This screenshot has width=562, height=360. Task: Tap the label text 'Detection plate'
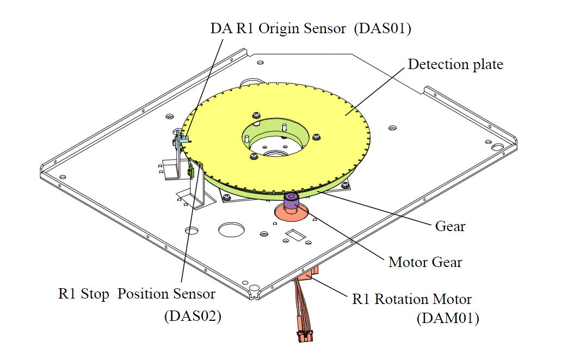click(x=455, y=65)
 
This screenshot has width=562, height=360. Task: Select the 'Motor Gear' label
click(x=425, y=262)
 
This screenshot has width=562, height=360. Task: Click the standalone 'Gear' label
click(x=450, y=226)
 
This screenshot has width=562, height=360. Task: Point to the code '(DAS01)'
click(x=382, y=28)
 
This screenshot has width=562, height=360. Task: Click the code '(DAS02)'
click(x=193, y=316)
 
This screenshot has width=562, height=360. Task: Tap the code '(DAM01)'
click(x=448, y=318)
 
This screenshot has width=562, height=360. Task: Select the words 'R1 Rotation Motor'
click(x=412, y=299)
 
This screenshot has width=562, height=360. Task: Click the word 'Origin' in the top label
click(x=280, y=29)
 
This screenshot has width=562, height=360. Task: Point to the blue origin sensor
click(x=181, y=140)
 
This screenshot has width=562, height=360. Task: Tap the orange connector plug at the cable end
click(x=305, y=337)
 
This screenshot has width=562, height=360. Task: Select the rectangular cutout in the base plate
click(x=295, y=235)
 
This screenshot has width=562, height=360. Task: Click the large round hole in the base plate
click(x=232, y=229)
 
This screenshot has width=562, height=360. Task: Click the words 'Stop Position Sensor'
click(x=148, y=294)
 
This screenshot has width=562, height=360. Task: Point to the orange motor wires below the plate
click(x=302, y=305)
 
